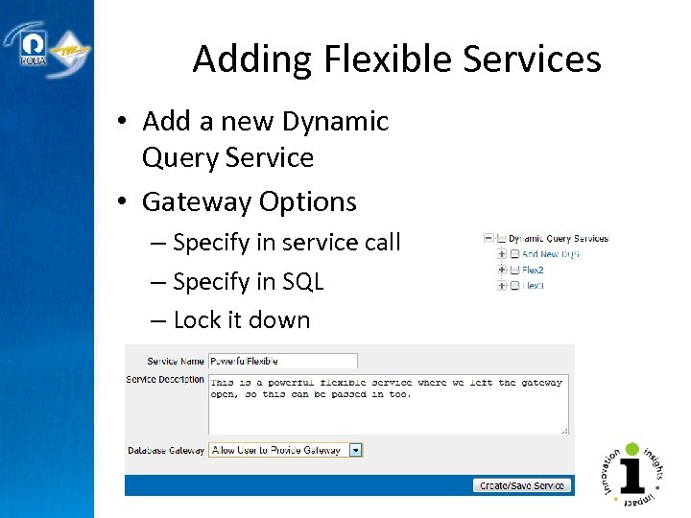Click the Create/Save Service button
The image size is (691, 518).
coord(522,485)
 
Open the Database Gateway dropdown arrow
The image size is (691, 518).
coord(355,450)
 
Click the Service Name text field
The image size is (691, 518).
coord(282,361)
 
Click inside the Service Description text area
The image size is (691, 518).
coord(388,403)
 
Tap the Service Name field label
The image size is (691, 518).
coord(175,362)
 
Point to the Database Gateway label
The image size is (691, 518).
coord(166,450)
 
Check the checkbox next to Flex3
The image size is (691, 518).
coord(514,285)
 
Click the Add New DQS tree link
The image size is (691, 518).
coord(551,254)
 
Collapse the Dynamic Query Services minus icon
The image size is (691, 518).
coord(488,238)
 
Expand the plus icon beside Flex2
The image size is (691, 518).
coord(501,270)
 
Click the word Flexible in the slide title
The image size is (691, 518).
coord(388,59)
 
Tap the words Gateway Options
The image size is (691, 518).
coord(249,201)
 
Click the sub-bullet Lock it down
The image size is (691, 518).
coord(241,319)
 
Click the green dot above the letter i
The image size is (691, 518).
coord(632,449)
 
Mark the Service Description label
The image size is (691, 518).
coord(165,379)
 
